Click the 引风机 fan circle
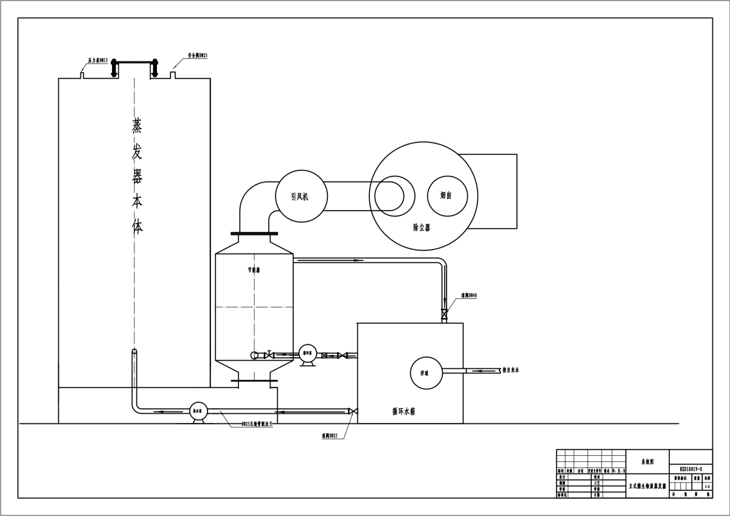(301, 196)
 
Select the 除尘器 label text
(421, 228)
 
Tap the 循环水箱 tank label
(405, 411)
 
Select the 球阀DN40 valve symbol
(445, 315)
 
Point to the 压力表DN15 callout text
(98, 60)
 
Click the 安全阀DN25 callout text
(198, 55)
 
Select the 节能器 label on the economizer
(254, 270)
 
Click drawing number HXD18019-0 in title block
(690, 469)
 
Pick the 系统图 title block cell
(647, 462)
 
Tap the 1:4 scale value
(706, 486)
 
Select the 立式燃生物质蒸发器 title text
(647, 486)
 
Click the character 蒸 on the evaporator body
(137, 125)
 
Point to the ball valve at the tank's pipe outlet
(352, 411)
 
